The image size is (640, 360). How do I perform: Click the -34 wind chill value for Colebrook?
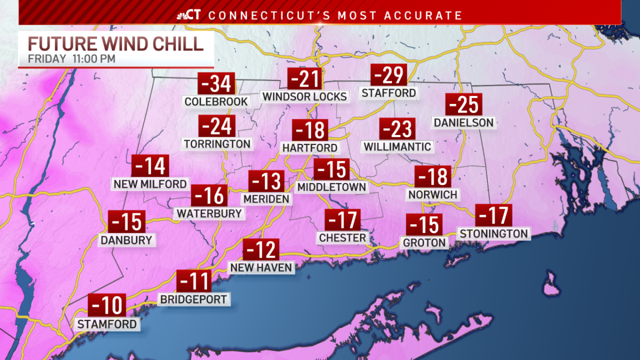217,84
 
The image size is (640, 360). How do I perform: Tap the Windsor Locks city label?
305,97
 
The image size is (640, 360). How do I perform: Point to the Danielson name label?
463,123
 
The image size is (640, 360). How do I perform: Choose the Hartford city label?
310,148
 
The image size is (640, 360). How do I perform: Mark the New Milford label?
150,184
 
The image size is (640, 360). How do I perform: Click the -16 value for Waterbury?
210,196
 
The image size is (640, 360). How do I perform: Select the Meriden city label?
266,198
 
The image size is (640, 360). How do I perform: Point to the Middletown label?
332,187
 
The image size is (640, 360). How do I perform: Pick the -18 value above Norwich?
433,177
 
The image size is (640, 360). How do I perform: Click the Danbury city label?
126,240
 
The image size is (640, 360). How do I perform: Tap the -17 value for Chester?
343,220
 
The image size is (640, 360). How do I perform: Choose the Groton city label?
425,243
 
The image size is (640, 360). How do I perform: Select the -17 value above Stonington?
494,215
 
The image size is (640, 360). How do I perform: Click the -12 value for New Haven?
261,250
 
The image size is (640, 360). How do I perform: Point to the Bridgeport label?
194,299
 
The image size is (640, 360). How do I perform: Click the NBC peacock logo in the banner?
182,15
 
